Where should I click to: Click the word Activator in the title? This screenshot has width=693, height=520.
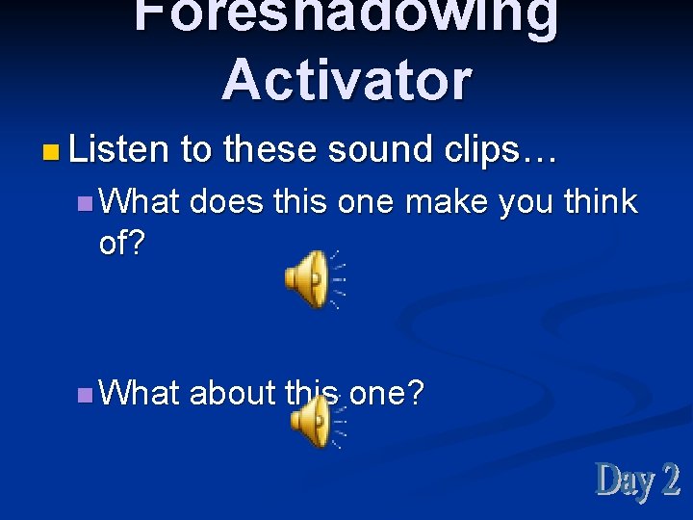(x=346, y=79)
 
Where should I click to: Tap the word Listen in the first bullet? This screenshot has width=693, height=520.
(x=117, y=149)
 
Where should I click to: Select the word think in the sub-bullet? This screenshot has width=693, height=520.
(x=600, y=201)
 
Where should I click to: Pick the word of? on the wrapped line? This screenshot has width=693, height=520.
(x=121, y=244)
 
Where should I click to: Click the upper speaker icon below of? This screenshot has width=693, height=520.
(x=310, y=279)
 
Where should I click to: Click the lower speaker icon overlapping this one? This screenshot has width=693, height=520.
(x=313, y=422)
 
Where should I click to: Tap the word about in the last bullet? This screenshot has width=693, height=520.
(x=233, y=393)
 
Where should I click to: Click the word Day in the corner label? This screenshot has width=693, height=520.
(x=624, y=480)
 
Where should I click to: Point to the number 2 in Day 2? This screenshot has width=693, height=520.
(x=670, y=480)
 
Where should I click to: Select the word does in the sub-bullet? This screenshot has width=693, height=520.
(x=227, y=201)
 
